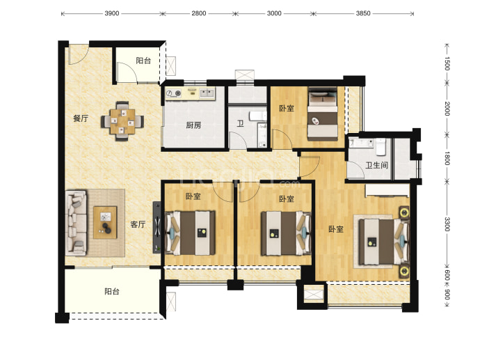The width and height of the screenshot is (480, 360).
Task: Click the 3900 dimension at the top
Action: (112, 13)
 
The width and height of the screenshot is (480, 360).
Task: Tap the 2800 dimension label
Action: (199, 13)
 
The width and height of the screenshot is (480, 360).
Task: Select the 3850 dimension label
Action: (363, 13)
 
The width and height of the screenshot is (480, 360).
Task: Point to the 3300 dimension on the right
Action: (447, 224)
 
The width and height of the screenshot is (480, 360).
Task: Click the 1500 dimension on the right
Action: (447, 63)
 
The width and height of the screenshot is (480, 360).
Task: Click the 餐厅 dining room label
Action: (81, 118)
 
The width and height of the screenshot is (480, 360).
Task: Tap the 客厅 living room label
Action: (138, 224)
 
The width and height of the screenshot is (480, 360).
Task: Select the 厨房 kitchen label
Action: (194, 125)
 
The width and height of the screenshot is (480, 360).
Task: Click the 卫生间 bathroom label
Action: (377, 166)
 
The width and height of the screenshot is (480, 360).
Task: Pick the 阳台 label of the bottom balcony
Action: (112, 291)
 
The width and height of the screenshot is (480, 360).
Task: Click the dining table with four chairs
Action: (122, 121)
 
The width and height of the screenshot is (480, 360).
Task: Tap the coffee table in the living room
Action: (105, 222)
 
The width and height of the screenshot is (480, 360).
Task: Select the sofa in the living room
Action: (76, 223)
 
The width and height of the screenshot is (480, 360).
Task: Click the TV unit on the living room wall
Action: (157, 227)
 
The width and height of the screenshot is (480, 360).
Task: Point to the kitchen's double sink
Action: (207, 93)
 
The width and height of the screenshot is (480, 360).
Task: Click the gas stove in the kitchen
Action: (173, 93)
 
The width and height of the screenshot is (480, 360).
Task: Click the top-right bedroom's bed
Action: (322, 114)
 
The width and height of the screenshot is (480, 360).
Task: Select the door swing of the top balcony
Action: (127, 72)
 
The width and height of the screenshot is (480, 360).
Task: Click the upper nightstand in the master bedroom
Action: (404, 212)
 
